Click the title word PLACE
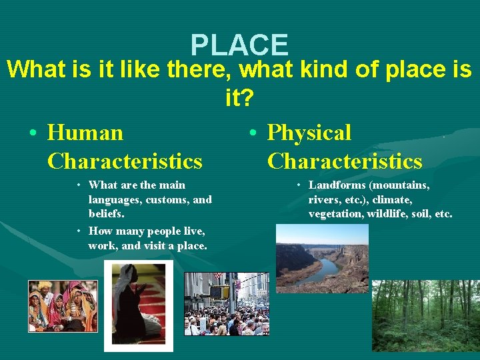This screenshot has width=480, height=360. point(239,45)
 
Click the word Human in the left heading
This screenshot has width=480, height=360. point(85,133)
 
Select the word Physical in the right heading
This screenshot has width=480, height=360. point(309,133)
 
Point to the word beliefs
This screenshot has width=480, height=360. point(106,214)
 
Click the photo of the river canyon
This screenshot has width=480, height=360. point(322,258)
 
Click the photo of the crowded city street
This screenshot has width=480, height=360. point(226,303)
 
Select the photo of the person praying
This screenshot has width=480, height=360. point(138,305)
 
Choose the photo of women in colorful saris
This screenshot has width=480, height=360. point(62,306)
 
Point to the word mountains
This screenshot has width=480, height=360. point(403,185)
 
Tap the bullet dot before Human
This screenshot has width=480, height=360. point(33,133)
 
